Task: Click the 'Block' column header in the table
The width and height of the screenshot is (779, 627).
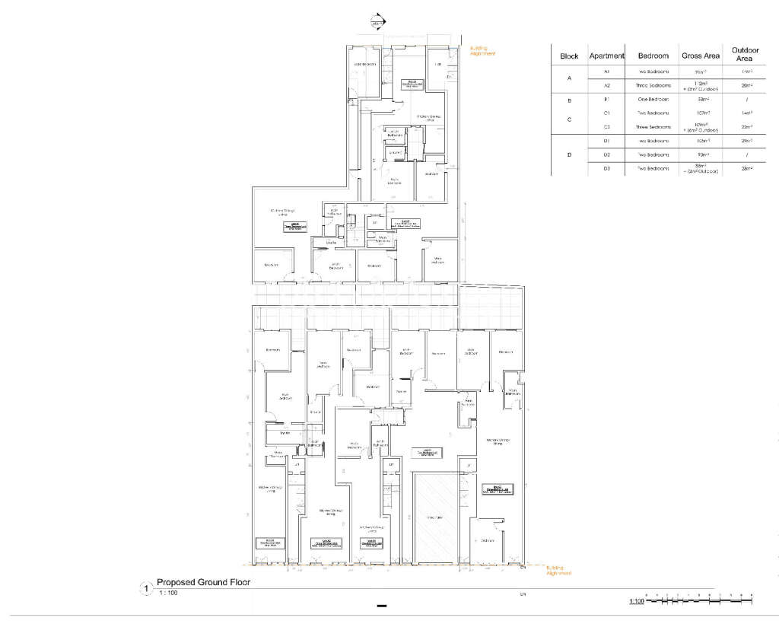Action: click(x=569, y=56)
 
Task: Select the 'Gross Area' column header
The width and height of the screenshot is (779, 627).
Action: click(x=701, y=56)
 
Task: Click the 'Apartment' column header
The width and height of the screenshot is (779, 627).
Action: click(x=607, y=56)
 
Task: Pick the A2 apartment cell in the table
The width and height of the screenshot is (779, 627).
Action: click(x=607, y=85)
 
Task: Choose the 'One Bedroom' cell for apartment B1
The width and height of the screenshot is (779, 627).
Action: click(x=653, y=100)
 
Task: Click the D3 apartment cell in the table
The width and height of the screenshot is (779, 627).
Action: click(x=607, y=168)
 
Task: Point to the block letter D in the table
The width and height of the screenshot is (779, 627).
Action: click(x=569, y=154)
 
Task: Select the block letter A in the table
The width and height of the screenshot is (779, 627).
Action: click(x=569, y=78)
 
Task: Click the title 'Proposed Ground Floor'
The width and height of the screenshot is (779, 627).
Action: click(x=203, y=583)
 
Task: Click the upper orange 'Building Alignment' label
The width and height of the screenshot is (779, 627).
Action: click(x=482, y=51)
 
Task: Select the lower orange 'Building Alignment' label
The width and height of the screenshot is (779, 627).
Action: click(x=558, y=570)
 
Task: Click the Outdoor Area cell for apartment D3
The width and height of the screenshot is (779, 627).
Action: click(x=745, y=168)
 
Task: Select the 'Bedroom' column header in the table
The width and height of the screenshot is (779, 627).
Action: click(x=653, y=56)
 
